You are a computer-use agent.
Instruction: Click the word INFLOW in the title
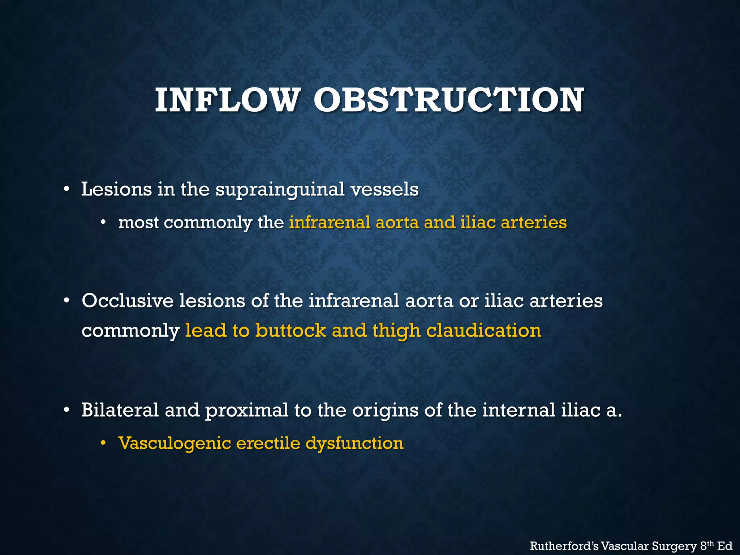tap(227, 100)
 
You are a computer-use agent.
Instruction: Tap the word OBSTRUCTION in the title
tap(448, 100)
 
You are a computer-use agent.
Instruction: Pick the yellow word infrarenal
tap(330, 222)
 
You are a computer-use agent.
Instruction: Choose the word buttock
tap(291, 330)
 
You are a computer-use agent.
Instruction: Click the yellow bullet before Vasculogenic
tap(103, 443)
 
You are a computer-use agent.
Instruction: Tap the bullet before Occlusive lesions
tap(66, 301)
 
